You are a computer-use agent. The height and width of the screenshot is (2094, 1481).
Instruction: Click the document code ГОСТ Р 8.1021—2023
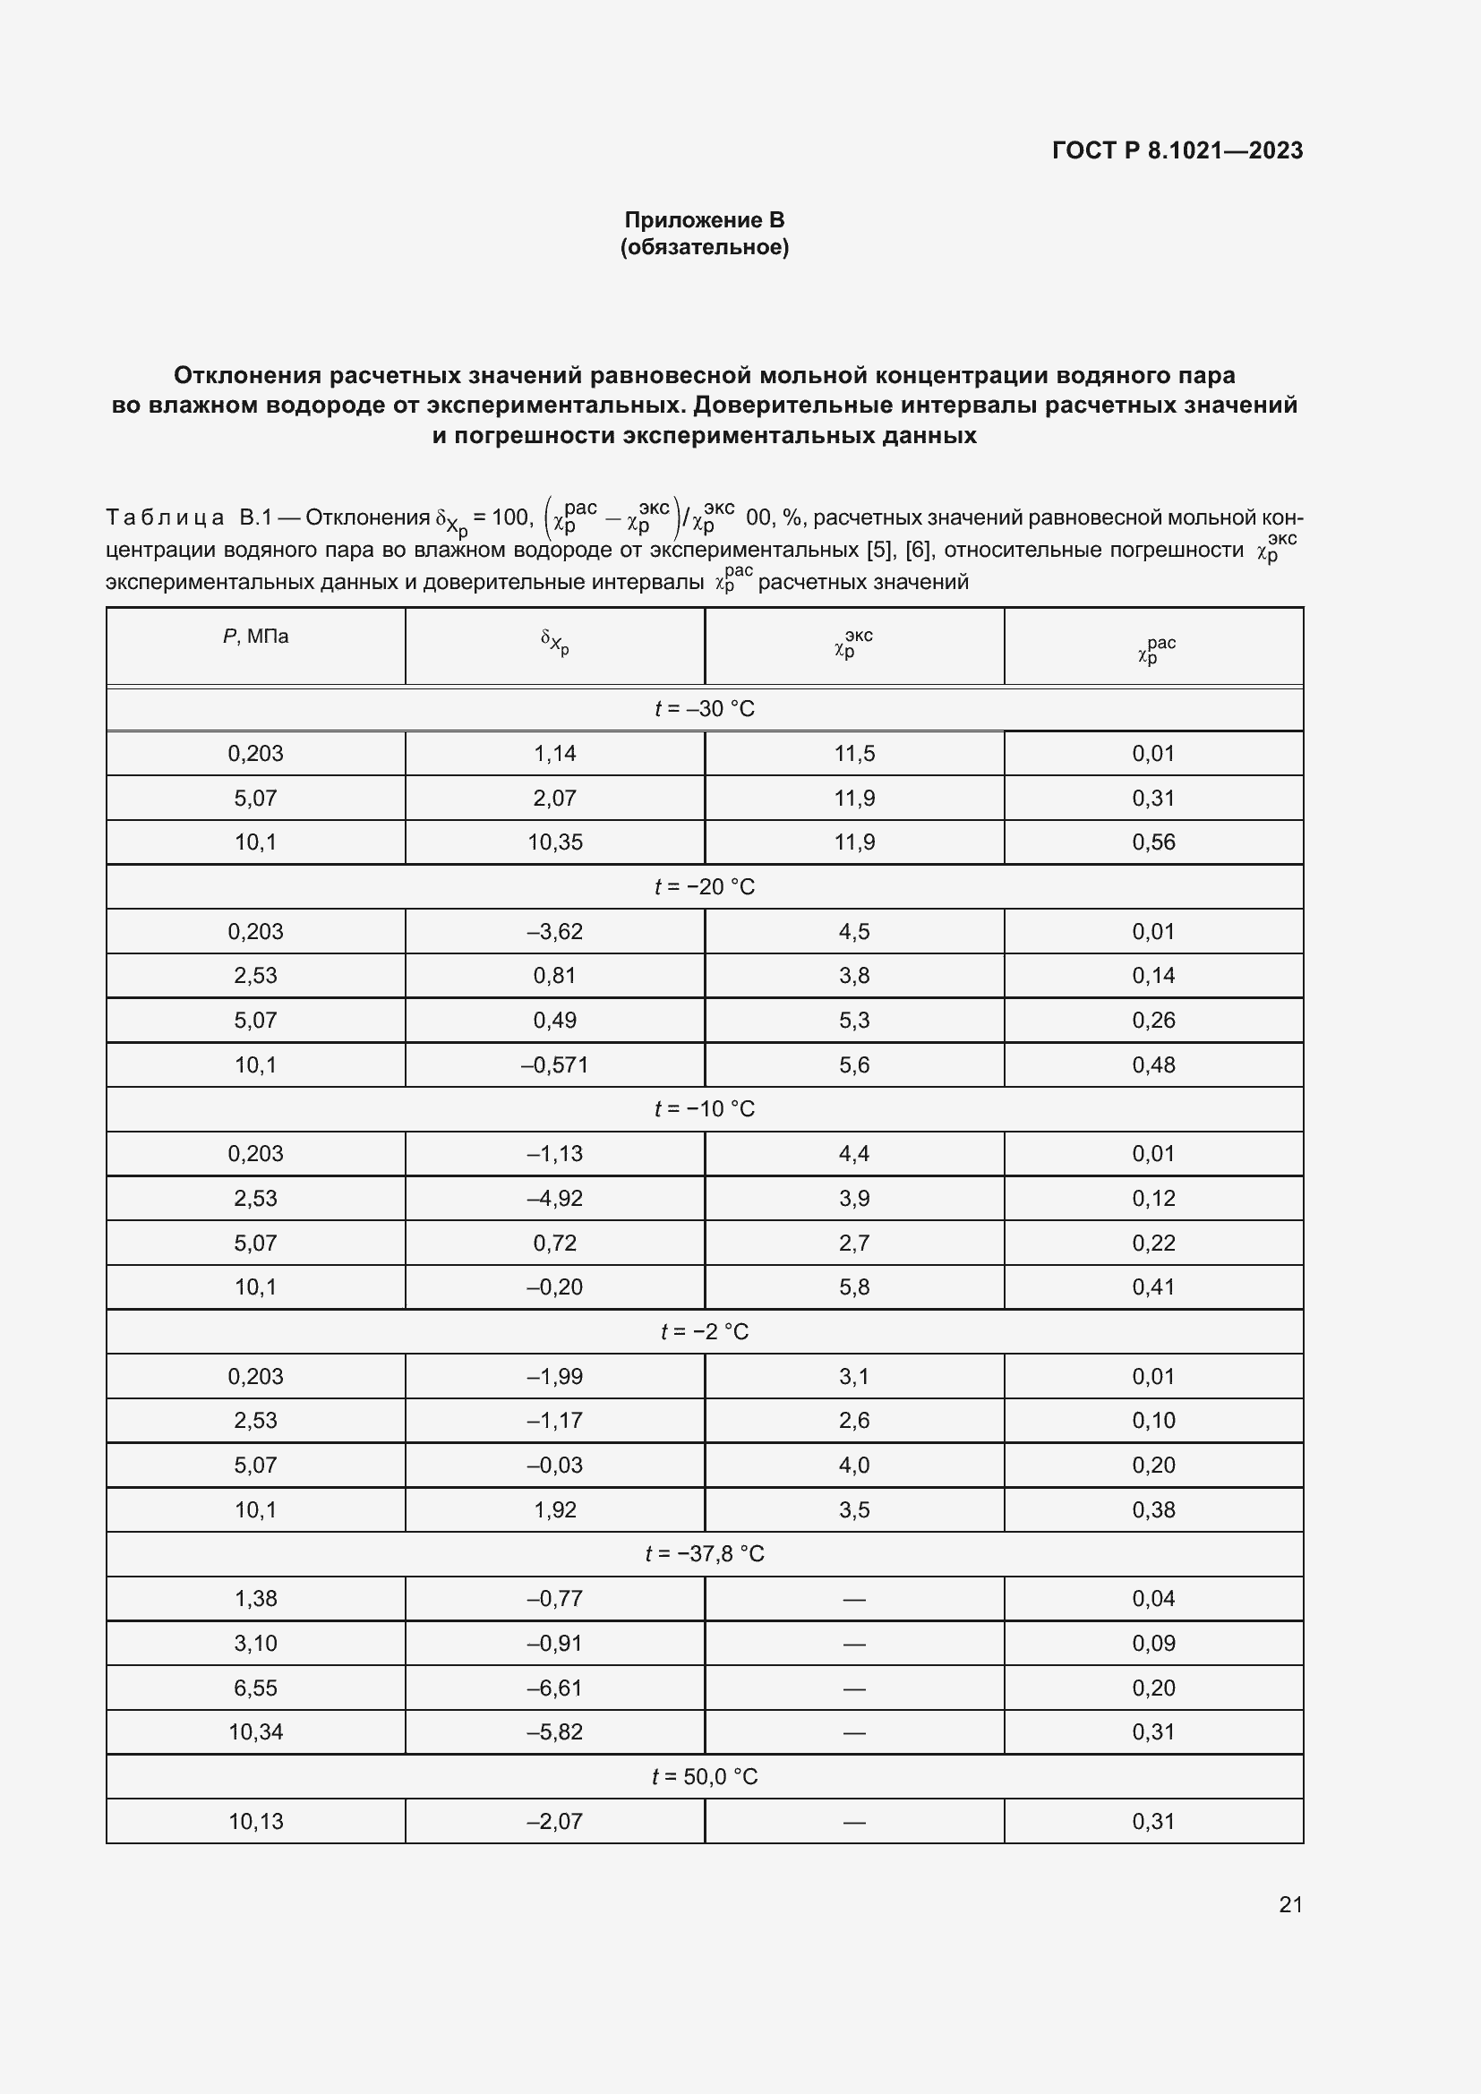[x=1177, y=150]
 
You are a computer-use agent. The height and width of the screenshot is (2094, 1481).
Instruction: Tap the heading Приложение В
[x=704, y=220]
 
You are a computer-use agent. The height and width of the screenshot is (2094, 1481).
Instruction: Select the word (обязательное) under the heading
[x=704, y=247]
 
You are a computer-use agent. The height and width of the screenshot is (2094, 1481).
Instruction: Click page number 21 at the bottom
[x=1290, y=1904]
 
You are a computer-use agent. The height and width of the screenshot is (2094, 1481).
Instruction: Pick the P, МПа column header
[x=255, y=637]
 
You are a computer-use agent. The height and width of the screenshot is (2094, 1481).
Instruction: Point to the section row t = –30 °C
[x=704, y=709]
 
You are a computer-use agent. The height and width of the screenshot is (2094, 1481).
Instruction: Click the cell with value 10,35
[x=554, y=842]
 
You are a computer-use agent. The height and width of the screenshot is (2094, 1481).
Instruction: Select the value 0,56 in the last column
[x=1153, y=842]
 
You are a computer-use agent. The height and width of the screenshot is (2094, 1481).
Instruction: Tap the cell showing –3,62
[x=554, y=931]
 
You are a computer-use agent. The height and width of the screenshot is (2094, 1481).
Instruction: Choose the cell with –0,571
[x=554, y=1064]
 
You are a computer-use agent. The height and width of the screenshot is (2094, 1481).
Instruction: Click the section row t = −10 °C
[x=704, y=1109]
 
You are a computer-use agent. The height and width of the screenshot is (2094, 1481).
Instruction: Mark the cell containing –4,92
[x=554, y=1198]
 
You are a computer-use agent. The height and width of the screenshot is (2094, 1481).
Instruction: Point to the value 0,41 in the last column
[x=1153, y=1286]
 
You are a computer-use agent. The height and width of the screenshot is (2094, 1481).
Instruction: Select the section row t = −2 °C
[x=704, y=1331]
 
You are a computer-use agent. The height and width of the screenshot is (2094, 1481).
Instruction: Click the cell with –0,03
[x=554, y=1465]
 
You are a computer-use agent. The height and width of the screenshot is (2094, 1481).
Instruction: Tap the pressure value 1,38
[x=255, y=1598]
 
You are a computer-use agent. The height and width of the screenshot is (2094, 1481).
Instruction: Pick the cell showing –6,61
[x=554, y=1688]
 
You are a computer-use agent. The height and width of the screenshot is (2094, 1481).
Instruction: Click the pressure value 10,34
[x=255, y=1731]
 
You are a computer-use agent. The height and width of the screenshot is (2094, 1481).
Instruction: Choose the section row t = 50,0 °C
[x=704, y=1776]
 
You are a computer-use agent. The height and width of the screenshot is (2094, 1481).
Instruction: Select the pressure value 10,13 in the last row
[x=255, y=1821]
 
